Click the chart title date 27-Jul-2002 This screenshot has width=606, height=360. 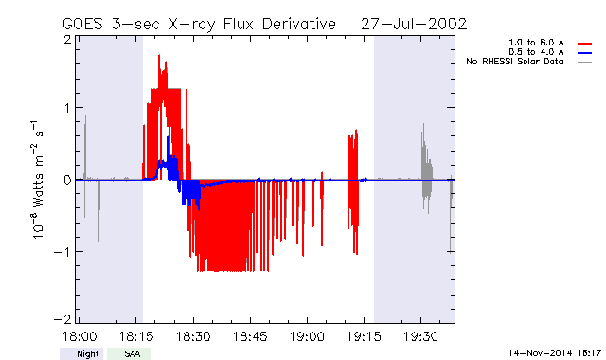coord(414,24)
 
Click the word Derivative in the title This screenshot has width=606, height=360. coord(299,24)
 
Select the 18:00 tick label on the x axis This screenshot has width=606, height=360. coord(80,336)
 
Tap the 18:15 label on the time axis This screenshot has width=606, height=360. coord(136,336)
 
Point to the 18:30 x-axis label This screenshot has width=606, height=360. coord(193,336)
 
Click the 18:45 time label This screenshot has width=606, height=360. coord(250,336)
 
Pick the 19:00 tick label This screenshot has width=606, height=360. coord(307,336)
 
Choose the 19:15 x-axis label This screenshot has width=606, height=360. coord(364,336)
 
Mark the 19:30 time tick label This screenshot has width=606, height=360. coord(420,336)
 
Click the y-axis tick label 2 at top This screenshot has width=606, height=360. coord(68,40)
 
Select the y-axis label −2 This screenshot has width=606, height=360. coord(62,319)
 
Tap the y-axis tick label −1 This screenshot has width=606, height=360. coord(62,252)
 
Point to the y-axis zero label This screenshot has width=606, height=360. coord(68,180)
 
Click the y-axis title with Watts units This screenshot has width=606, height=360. coord(38,180)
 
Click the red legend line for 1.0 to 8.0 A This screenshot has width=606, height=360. coord(585,44)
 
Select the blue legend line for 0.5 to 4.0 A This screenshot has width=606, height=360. coord(585,53)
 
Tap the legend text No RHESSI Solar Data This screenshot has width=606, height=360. coord(515,62)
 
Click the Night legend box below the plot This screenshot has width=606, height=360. coord(81,353)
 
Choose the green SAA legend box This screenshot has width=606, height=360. coord(129,353)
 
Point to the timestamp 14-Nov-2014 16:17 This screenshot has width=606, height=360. coord(555,353)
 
